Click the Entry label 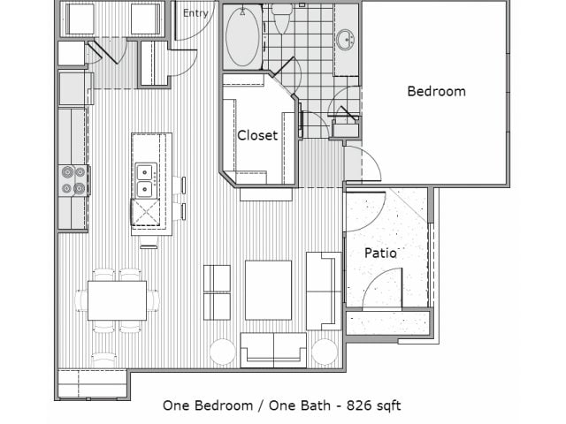pyautogui.click(x=195, y=13)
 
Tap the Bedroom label pyautogui.click(x=436, y=91)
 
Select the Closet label pyautogui.click(x=257, y=135)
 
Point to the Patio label pyautogui.click(x=380, y=253)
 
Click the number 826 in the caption pyautogui.click(x=359, y=405)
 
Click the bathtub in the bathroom pyautogui.click(x=242, y=37)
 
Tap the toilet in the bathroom pyautogui.click(x=281, y=19)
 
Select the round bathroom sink pyautogui.click(x=346, y=39)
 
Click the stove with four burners pyautogui.click(x=73, y=180)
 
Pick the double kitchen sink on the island pyautogui.click(x=146, y=180)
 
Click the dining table pyautogui.click(x=117, y=300)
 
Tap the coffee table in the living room pyautogui.click(x=268, y=291)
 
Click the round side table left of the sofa pyautogui.click(x=223, y=352)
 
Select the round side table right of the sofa pyautogui.click(x=325, y=352)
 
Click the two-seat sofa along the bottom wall pyautogui.click(x=273, y=350)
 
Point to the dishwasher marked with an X pyautogui.click(x=145, y=212)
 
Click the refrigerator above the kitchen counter pyautogui.click(x=73, y=88)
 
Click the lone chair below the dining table pyautogui.click(x=104, y=360)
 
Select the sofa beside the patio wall pyautogui.click(x=324, y=291)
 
